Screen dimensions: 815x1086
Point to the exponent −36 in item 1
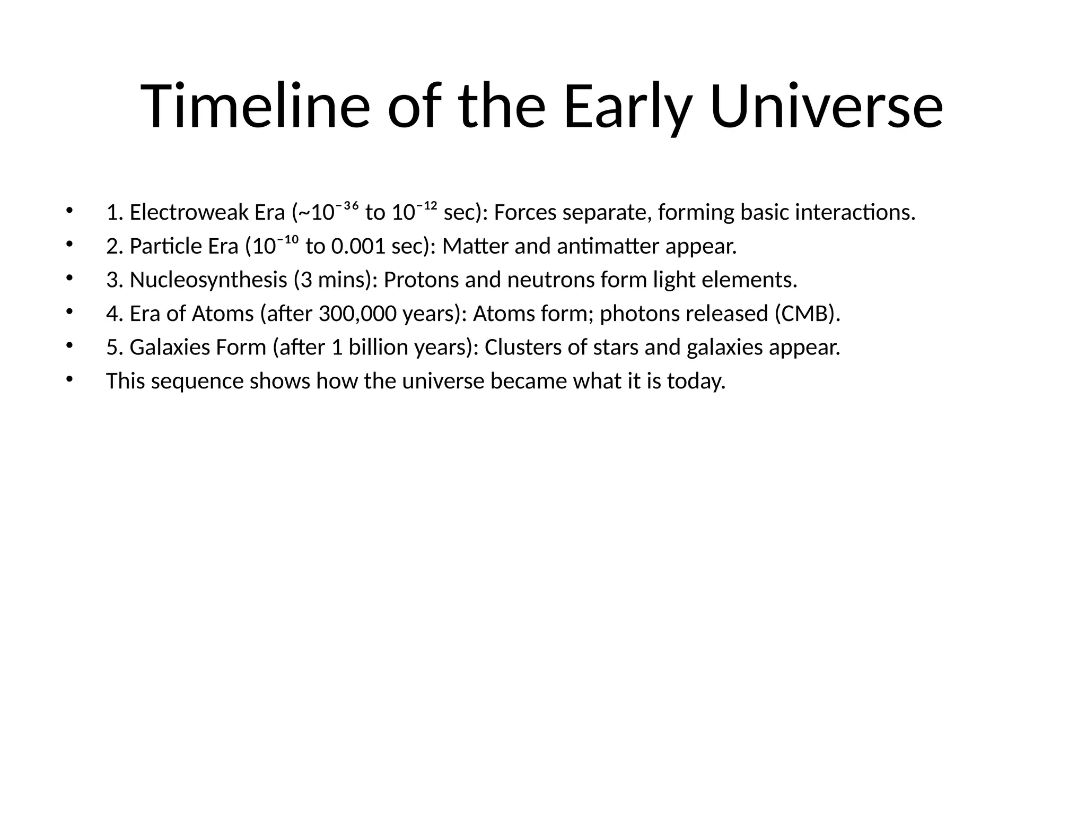[347, 205]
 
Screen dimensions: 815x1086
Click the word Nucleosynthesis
[208, 280]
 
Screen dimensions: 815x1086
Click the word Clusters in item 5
[522, 348]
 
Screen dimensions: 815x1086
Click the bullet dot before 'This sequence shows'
[68, 379]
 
